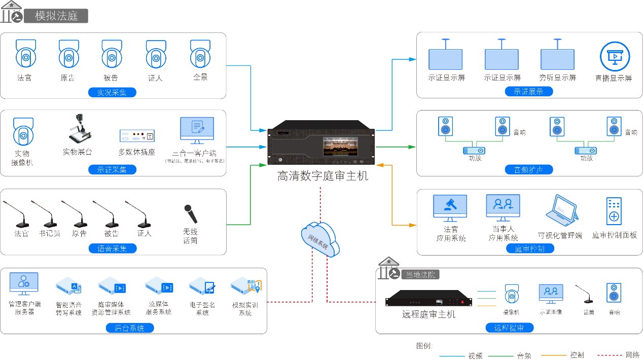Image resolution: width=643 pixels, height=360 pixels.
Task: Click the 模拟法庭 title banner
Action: tap(56, 16)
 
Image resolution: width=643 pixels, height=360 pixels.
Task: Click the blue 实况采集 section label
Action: tap(112, 92)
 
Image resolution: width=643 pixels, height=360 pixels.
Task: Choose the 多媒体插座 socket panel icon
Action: tap(137, 135)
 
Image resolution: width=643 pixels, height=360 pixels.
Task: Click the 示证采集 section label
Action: tap(112, 170)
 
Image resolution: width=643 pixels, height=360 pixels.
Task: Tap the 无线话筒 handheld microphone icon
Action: tap(190, 213)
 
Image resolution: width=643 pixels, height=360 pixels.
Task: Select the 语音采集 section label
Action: tap(112, 248)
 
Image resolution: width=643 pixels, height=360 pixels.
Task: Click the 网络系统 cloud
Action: tap(320, 239)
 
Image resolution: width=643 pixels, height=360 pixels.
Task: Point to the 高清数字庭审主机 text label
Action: tap(323, 176)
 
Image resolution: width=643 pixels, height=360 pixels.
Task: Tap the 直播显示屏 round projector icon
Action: tap(614, 57)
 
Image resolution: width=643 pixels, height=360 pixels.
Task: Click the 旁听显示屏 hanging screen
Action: tap(557, 58)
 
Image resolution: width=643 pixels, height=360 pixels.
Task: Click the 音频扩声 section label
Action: tap(529, 170)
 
